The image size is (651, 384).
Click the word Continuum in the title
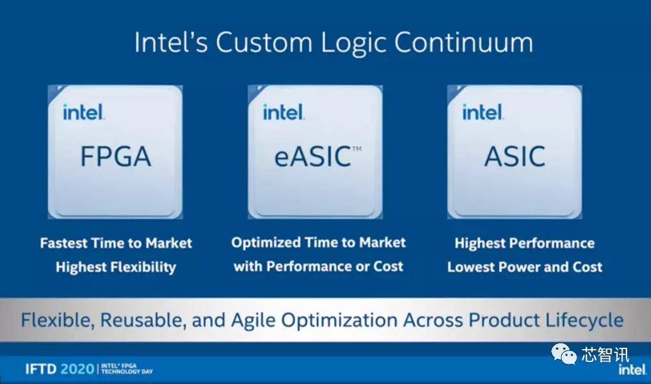point(463,42)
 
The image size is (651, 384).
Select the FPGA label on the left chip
point(115,156)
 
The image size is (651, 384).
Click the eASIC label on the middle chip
point(313,156)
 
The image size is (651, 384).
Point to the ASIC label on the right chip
point(515,156)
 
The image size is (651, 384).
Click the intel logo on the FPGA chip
point(83,112)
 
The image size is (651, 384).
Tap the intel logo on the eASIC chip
point(283,112)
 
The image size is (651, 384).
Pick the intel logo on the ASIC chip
point(483,112)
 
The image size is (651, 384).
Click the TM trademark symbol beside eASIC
point(357,149)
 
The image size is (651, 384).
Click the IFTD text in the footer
point(41,368)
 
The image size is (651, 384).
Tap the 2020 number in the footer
point(77,368)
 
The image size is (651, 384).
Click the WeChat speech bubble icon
point(564,354)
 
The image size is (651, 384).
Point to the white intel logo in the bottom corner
point(632,369)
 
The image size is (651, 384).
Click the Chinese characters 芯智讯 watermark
point(605,355)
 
